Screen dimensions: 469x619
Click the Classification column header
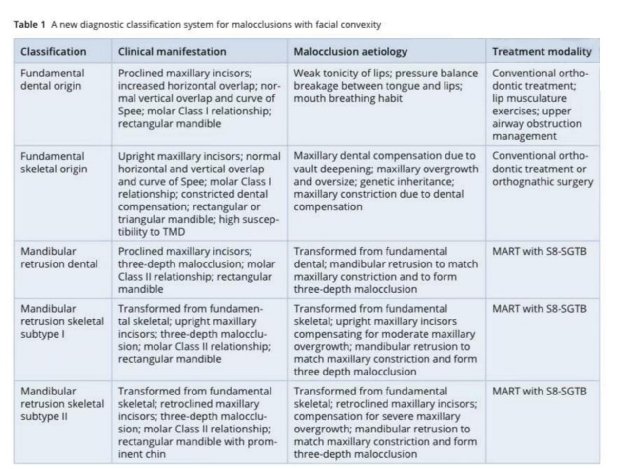[x=53, y=52]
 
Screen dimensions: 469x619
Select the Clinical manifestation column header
[x=172, y=52]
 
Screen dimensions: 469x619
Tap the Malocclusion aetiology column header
[x=350, y=52]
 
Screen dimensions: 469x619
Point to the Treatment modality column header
[x=542, y=52]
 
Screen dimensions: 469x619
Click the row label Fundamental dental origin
[x=52, y=79]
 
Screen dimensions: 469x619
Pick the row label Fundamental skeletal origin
[x=54, y=163]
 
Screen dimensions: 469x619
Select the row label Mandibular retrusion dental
[x=59, y=258]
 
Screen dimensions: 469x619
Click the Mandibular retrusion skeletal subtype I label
[x=62, y=321]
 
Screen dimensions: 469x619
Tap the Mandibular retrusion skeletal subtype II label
[x=62, y=404]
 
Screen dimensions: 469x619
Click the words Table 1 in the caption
[x=30, y=25]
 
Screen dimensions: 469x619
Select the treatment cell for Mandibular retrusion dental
[x=539, y=252]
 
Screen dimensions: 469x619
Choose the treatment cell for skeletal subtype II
[x=539, y=391]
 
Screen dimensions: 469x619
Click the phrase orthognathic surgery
[x=542, y=182]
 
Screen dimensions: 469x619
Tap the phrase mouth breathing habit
[x=348, y=98]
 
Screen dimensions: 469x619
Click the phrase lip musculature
[x=529, y=98]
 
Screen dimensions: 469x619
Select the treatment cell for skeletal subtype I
[x=539, y=309]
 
